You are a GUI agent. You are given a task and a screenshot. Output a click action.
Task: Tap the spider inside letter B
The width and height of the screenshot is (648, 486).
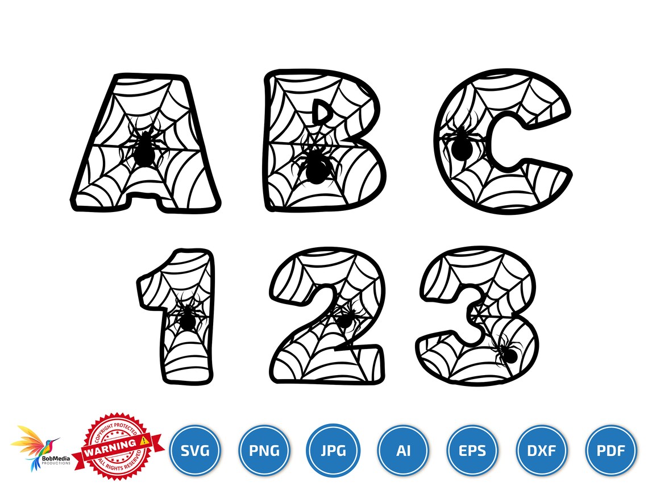[x=314, y=166]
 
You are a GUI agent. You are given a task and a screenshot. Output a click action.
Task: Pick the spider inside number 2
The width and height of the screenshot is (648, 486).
[x=344, y=319]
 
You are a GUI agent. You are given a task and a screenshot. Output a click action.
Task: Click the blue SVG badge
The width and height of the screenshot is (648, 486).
[x=195, y=451]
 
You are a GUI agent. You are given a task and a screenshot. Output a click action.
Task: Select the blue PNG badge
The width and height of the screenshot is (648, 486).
[x=264, y=451]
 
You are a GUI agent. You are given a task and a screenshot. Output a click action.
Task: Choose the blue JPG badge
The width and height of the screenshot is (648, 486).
[x=333, y=451]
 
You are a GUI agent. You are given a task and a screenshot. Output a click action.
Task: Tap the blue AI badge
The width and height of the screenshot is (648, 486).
[x=403, y=451]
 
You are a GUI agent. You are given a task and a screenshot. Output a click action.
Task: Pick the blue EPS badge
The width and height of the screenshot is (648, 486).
[x=473, y=451]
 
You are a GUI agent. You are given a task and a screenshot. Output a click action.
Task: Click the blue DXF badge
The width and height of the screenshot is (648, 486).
[x=542, y=451]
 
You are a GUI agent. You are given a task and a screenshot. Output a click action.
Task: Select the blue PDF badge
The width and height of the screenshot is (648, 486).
[x=612, y=451]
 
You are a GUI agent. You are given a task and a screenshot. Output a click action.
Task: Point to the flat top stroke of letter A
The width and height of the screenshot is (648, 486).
[x=150, y=78]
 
